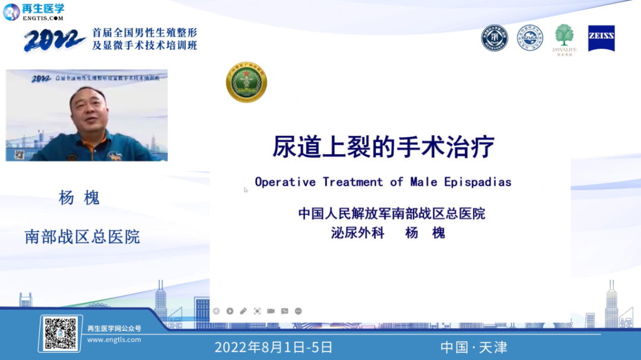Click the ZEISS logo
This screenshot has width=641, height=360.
click(601, 38)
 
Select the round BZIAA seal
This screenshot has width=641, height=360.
click(529, 38)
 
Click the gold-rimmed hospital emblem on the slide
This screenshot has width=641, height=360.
click(246, 82)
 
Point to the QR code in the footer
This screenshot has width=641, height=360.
click(61, 333)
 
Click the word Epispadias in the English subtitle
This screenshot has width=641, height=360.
click(478, 182)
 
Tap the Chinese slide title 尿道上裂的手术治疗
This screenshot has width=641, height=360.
click(383, 146)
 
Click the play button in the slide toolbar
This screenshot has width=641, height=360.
click(230, 311)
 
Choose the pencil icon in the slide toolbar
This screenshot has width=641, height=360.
click(243, 311)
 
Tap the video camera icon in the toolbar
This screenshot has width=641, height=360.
click(271, 311)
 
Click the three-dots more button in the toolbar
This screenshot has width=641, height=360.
click(298, 311)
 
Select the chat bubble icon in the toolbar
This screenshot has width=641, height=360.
click(284, 311)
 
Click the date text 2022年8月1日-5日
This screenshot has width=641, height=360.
click(274, 348)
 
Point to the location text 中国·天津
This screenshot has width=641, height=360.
click(474, 348)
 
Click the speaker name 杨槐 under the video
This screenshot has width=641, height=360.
click(79, 198)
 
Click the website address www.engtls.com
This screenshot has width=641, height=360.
click(114, 340)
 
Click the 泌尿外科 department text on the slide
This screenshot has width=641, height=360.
click(358, 233)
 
